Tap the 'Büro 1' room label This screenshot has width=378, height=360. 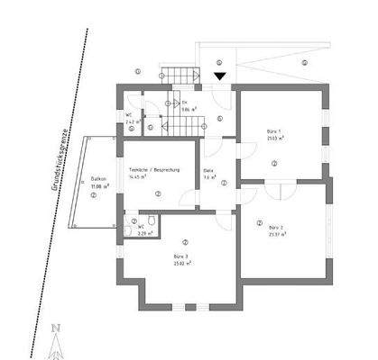click(272, 132)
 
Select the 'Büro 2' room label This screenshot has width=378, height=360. click(276, 227)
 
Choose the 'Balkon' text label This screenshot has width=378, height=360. click(98, 179)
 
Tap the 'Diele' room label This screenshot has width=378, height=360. click(208, 170)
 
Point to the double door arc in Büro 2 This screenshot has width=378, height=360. click(281, 193)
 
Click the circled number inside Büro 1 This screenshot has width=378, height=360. click(273, 163)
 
